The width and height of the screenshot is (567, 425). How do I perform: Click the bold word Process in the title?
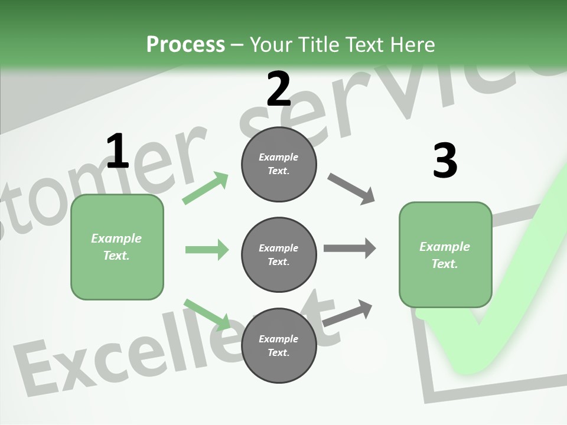coord(185,44)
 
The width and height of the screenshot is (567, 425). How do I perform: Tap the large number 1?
coord(118,151)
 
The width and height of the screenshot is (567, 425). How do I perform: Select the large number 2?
coord(279,89)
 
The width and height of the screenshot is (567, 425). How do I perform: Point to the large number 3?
coord(445,161)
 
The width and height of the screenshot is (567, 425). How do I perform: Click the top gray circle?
coord(279,164)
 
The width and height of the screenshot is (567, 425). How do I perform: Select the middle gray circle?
coord(279,254)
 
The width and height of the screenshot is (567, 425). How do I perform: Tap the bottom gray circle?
coord(279,345)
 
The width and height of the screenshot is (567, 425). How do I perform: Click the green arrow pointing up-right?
coord(206,188)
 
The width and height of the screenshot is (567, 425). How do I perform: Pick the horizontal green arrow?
coord(207,250)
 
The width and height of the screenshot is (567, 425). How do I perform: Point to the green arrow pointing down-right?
coord(207,314)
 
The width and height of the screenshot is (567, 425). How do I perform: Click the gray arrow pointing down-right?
coord(351,188)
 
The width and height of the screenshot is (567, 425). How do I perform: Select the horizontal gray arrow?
coord(349,249)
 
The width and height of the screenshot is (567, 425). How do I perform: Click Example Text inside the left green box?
coord(116,247)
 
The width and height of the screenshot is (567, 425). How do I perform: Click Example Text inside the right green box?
coord(445,255)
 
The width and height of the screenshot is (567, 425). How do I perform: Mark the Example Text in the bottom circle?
coord(278,345)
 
